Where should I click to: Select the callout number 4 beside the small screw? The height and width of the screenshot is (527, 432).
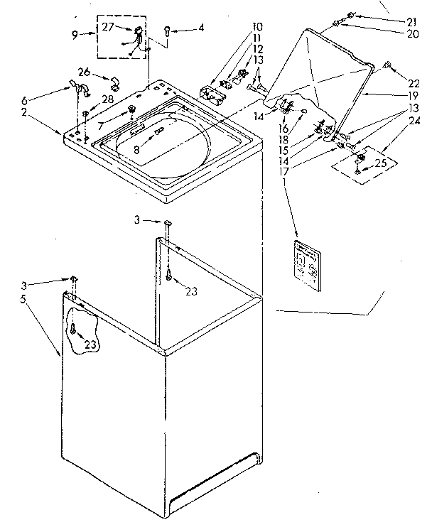coord(201,29)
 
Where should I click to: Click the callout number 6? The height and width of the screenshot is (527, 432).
coord(47,101)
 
